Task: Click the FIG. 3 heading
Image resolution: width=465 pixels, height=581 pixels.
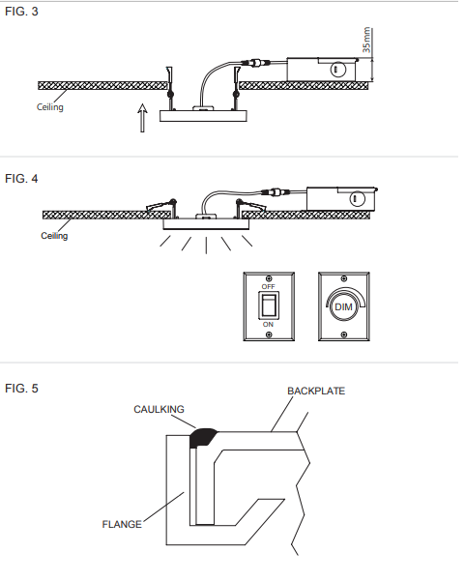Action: click(21, 12)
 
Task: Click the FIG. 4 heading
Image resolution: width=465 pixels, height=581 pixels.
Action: click(21, 179)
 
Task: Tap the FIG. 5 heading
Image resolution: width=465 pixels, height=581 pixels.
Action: click(21, 389)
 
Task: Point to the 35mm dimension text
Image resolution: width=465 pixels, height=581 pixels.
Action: click(366, 40)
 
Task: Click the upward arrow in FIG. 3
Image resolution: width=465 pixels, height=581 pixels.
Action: click(142, 118)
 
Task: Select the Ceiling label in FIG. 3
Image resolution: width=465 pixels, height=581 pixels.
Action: click(50, 107)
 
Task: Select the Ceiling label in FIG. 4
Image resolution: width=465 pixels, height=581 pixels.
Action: click(54, 236)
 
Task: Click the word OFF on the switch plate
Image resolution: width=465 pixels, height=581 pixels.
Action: click(268, 287)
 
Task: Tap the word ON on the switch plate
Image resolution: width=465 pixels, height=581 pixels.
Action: click(268, 325)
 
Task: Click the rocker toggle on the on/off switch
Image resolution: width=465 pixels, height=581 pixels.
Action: click(269, 305)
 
